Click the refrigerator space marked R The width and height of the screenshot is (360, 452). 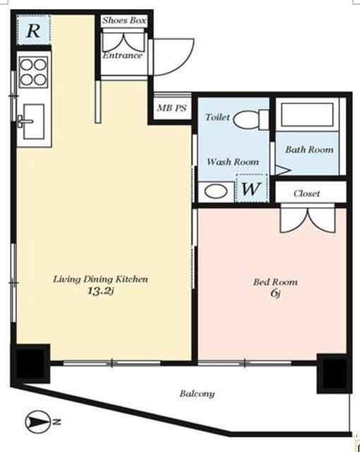point(33,30)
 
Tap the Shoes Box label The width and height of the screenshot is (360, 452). point(124,20)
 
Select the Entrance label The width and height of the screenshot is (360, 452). point(122,55)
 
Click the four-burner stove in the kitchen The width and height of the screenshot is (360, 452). point(33,72)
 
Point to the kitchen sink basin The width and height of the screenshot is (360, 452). point(34,121)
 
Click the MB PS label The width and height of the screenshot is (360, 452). point(172,108)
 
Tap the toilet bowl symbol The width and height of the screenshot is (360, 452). point(251,119)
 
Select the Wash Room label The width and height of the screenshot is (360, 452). point(233,162)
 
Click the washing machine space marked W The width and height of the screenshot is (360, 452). point(252,189)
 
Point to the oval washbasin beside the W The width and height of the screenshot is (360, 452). point(216,192)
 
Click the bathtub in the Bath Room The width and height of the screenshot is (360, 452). point(307,114)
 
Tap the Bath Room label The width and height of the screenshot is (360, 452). point(309,150)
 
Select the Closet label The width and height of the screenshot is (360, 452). point(306,194)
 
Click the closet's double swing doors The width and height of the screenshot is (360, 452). point(308,219)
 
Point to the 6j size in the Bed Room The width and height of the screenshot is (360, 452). point(275,294)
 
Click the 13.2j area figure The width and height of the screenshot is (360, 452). point(101,291)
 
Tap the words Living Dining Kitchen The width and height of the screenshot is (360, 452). point(100,279)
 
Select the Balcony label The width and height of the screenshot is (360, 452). point(197,393)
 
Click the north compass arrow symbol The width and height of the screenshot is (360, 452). point(38,422)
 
